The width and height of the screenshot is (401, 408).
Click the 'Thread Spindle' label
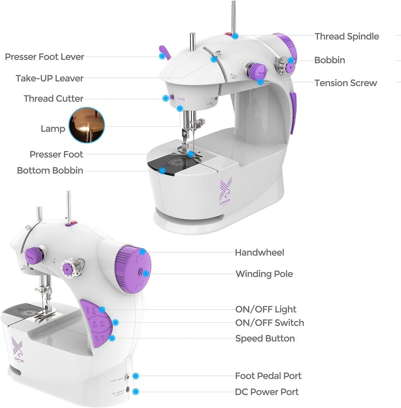click(x=346, y=36)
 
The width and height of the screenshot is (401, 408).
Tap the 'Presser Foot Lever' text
click(x=44, y=57)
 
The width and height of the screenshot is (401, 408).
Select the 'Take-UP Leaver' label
click(x=49, y=78)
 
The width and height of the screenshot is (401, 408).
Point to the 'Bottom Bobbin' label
click(x=50, y=171)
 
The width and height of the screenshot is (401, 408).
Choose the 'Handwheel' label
click(x=259, y=253)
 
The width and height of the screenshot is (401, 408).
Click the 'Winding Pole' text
click(x=264, y=274)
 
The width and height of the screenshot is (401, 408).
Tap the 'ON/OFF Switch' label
click(x=269, y=323)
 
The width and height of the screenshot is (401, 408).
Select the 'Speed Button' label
click(x=265, y=338)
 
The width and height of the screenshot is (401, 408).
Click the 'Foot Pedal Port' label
click(x=268, y=376)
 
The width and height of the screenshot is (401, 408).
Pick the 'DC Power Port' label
click(x=266, y=392)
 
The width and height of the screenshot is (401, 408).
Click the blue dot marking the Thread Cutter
click(x=166, y=98)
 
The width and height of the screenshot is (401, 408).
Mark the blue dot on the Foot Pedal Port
click(x=136, y=376)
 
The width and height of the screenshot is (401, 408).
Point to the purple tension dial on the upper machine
click(x=257, y=71)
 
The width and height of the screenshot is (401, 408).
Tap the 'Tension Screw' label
click(x=346, y=83)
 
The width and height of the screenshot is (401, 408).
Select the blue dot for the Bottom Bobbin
click(x=162, y=171)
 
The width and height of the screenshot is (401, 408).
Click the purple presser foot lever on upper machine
click(x=163, y=52)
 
